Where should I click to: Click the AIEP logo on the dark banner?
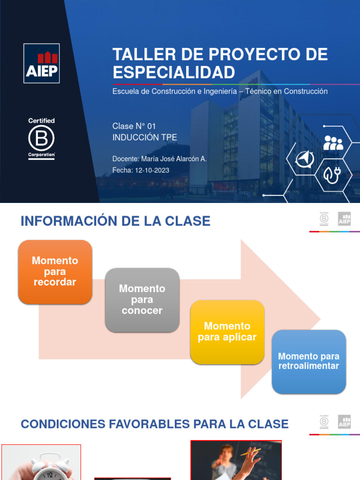(41, 63)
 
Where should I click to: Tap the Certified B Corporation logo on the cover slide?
(41, 139)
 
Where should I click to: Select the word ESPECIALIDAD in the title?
(173, 73)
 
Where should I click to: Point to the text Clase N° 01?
(134, 126)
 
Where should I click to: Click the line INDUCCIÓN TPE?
(144, 137)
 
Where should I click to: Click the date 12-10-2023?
(152, 170)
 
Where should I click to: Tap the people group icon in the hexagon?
(333, 142)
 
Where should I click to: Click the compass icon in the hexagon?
(305, 160)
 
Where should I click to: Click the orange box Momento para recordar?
(55, 271)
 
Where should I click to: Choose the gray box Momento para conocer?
(142, 300)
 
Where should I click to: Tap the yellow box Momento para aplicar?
(227, 331)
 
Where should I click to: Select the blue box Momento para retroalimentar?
(308, 361)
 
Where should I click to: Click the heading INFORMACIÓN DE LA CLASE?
(115, 221)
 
